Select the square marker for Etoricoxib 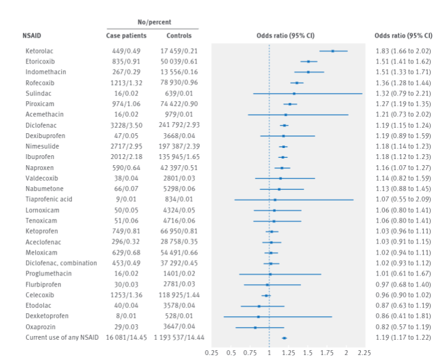[309, 62]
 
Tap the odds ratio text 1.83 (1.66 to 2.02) [403, 51]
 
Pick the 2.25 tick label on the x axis [364, 352]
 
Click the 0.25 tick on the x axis [212, 352]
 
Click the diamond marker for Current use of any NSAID [284, 338]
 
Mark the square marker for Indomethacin [308, 72]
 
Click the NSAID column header [37, 36]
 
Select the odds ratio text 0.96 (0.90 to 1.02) [403, 295]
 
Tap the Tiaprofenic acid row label [49, 199]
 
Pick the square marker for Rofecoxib [297, 83]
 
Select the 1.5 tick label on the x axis [308, 352]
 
